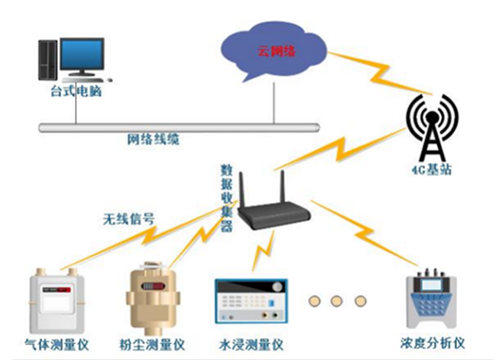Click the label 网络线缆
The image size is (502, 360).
(x=153, y=140)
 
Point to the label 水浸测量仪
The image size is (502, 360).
(x=251, y=343)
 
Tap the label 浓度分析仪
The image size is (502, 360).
(x=434, y=342)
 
